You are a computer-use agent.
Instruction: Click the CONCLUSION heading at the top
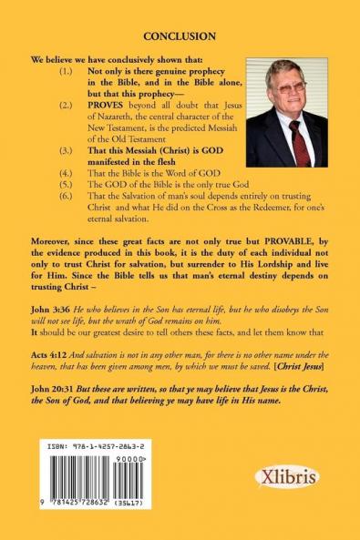(180, 36)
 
